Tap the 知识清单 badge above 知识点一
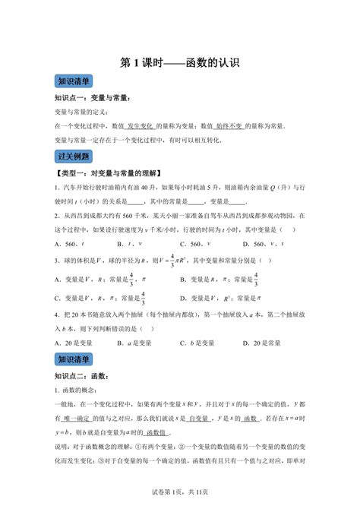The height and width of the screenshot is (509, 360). click(74, 82)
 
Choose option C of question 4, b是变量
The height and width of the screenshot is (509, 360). click(199, 343)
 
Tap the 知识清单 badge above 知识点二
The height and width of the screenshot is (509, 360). click(74, 359)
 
